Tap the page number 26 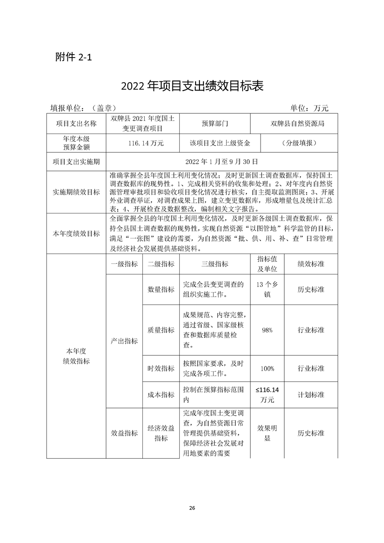click(192, 508)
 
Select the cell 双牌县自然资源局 click(297, 123)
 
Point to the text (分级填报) click(297, 143)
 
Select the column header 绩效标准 click(311, 264)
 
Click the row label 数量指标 click(161, 289)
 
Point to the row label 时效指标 click(161, 369)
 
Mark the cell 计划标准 click(311, 394)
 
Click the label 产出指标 click(124, 341)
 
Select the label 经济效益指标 click(161, 433)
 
